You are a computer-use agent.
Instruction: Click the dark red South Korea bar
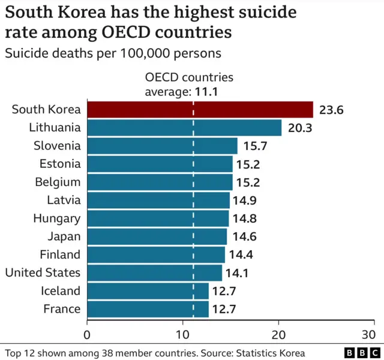click(x=200, y=109)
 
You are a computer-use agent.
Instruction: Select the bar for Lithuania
click(x=184, y=127)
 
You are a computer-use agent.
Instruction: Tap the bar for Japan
click(x=157, y=236)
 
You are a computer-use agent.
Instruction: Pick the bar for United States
click(x=155, y=272)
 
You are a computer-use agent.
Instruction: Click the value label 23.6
click(x=331, y=110)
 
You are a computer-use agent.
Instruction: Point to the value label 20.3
click(x=299, y=128)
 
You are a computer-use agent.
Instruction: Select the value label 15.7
click(x=255, y=146)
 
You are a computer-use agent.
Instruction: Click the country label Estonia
click(x=59, y=163)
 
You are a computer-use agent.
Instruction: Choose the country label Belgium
click(x=59, y=182)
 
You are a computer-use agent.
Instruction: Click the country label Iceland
click(x=61, y=290)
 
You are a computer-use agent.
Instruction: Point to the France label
click(x=62, y=308)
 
